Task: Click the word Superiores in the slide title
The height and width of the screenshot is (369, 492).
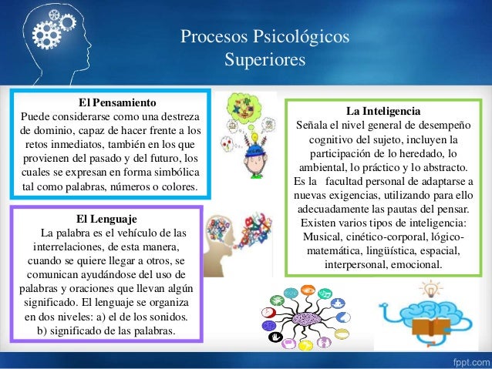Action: [264, 59]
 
